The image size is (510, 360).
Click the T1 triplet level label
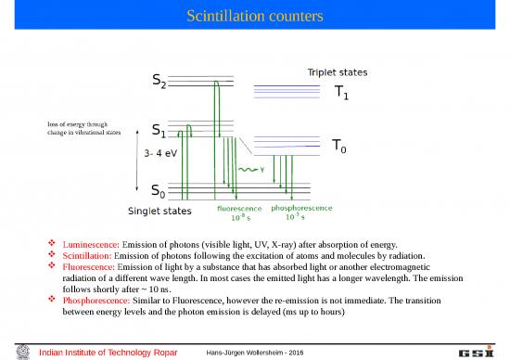coord(342,92)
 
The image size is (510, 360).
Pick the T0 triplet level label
coord(341,147)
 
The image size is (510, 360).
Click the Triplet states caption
coord(336,71)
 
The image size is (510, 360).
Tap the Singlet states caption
coord(159,212)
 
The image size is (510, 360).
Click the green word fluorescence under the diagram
coord(240,208)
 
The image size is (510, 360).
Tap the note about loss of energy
coord(84,129)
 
